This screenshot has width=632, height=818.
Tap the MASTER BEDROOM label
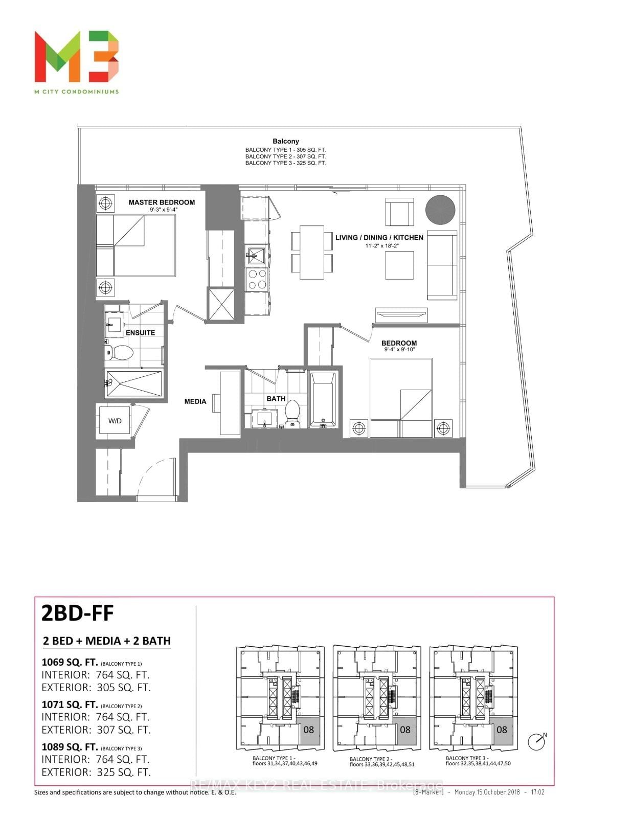coord(162,202)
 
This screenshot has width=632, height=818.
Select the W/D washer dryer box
coord(115,421)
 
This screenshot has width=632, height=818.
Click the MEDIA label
coord(195,401)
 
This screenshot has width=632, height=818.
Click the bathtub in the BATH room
coord(322,400)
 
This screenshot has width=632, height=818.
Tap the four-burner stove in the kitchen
coord(257,279)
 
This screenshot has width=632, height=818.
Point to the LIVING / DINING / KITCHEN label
coord(379,238)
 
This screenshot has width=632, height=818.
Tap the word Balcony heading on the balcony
coord(286,141)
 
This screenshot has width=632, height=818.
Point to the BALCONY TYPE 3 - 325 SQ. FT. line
coord(286,163)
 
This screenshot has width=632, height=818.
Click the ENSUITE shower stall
coord(134,383)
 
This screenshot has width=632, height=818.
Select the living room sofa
coord(442,266)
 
